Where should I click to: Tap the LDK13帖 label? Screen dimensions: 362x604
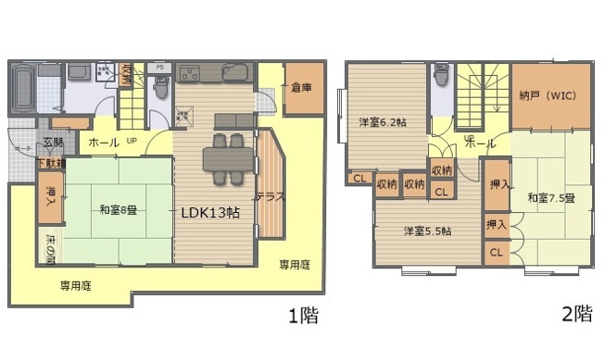click(210, 211)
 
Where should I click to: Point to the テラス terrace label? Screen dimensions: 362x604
click(270, 197)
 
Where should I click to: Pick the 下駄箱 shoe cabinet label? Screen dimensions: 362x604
click(52, 164)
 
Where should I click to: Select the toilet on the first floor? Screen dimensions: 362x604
click(160, 88)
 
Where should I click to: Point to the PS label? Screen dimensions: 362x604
click(160, 68)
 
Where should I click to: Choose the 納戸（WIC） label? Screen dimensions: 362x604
click(550, 94)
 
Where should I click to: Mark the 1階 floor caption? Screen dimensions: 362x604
click(302, 316)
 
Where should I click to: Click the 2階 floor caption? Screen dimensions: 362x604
click(576, 314)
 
